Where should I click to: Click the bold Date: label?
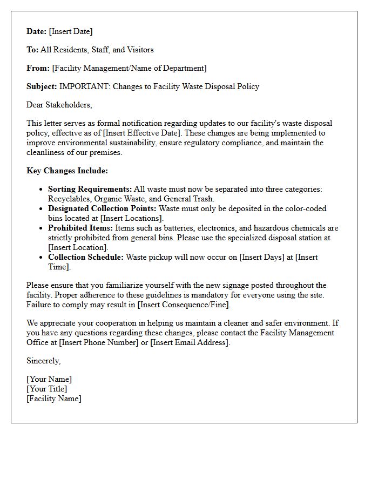(x=37, y=31)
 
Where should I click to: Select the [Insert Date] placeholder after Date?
(x=71, y=31)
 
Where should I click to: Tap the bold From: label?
(x=38, y=68)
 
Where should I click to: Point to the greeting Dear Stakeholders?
(x=59, y=105)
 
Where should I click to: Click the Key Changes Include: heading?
(x=67, y=171)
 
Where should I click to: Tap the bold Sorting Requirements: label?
(x=90, y=189)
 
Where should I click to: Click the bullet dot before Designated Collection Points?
(x=42, y=208)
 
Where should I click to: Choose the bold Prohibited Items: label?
(x=80, y=228)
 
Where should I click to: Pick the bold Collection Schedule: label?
(x=86, y=257)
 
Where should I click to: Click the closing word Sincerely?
(x=44, y=361)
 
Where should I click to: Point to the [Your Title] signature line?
(x=47, y=389)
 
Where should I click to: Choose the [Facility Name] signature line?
(x=54, y=399)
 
